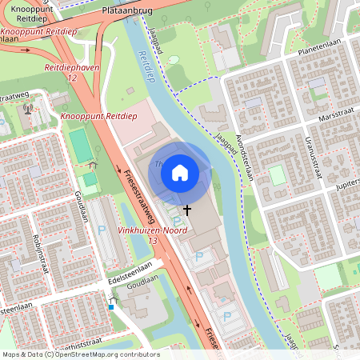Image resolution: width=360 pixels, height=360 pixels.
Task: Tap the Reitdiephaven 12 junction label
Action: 72,73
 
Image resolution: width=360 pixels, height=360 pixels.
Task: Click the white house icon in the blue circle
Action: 180,173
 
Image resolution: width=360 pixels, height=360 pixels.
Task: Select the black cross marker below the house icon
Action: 187,209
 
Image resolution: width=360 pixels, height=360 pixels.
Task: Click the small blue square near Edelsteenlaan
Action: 110,306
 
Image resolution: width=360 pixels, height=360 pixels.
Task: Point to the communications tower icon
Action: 29,109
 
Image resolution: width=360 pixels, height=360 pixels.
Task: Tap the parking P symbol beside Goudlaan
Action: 102,230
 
